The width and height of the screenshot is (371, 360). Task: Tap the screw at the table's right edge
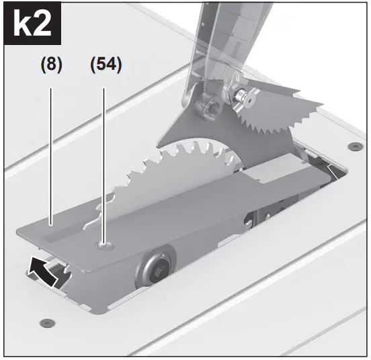click(352, 146)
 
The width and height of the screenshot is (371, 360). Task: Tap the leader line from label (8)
click(51, 148)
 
